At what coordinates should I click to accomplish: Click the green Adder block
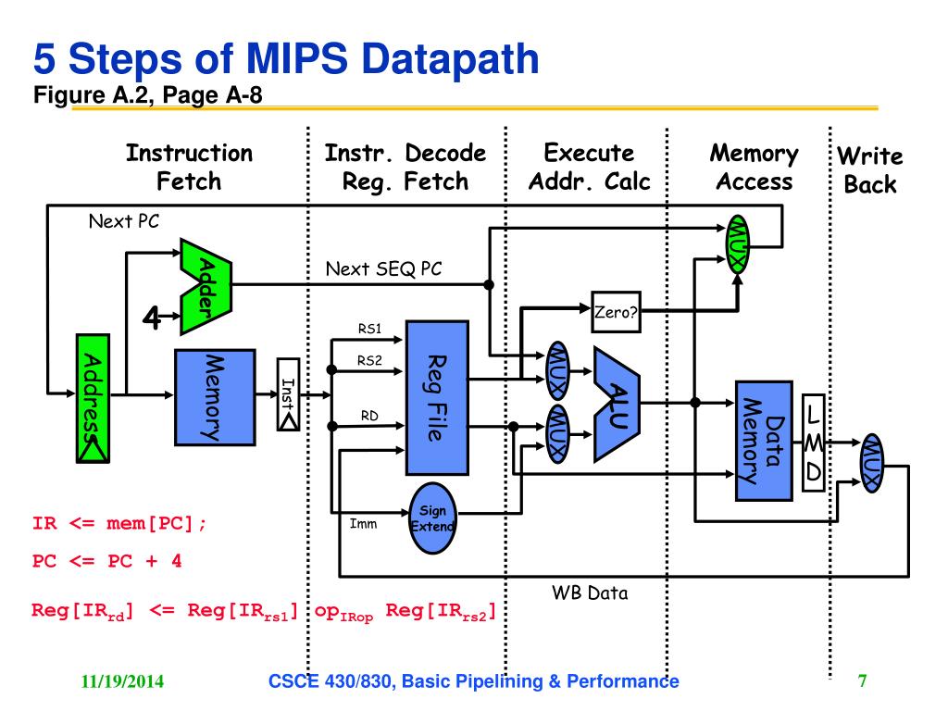click(x=206, y=287)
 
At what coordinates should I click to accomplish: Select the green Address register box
click(x=94, y=398)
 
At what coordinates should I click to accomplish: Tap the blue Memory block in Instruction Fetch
click(x=215, y=397)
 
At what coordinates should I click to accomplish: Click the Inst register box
click(x=289, y=394)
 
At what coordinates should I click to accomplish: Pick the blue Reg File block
click(x=437, y=398)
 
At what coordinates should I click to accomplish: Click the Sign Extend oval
click(x=432, y=518)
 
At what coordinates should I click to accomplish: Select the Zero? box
click(x=616, y=312)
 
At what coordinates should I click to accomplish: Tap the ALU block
click(x=617, y=404)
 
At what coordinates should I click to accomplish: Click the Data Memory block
click(x=764, y=441)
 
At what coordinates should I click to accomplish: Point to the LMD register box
click(x=813, y=443)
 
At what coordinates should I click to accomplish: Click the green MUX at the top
click(x=737, y=244)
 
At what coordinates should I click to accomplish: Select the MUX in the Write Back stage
click(x=872, y=463)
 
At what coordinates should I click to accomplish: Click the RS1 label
click(x=369, y=329)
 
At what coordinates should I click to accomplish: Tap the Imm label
click(x=363, y=524)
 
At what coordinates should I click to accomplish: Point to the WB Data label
click(x=590, y=592)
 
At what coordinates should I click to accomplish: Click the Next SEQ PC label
click(x=383, y=268)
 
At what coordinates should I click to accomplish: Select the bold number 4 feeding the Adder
click(x=152, y=317)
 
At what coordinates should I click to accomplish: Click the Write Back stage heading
click(x=870, y=170)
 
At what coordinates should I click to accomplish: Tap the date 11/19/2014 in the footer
click(x=122, y=681)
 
